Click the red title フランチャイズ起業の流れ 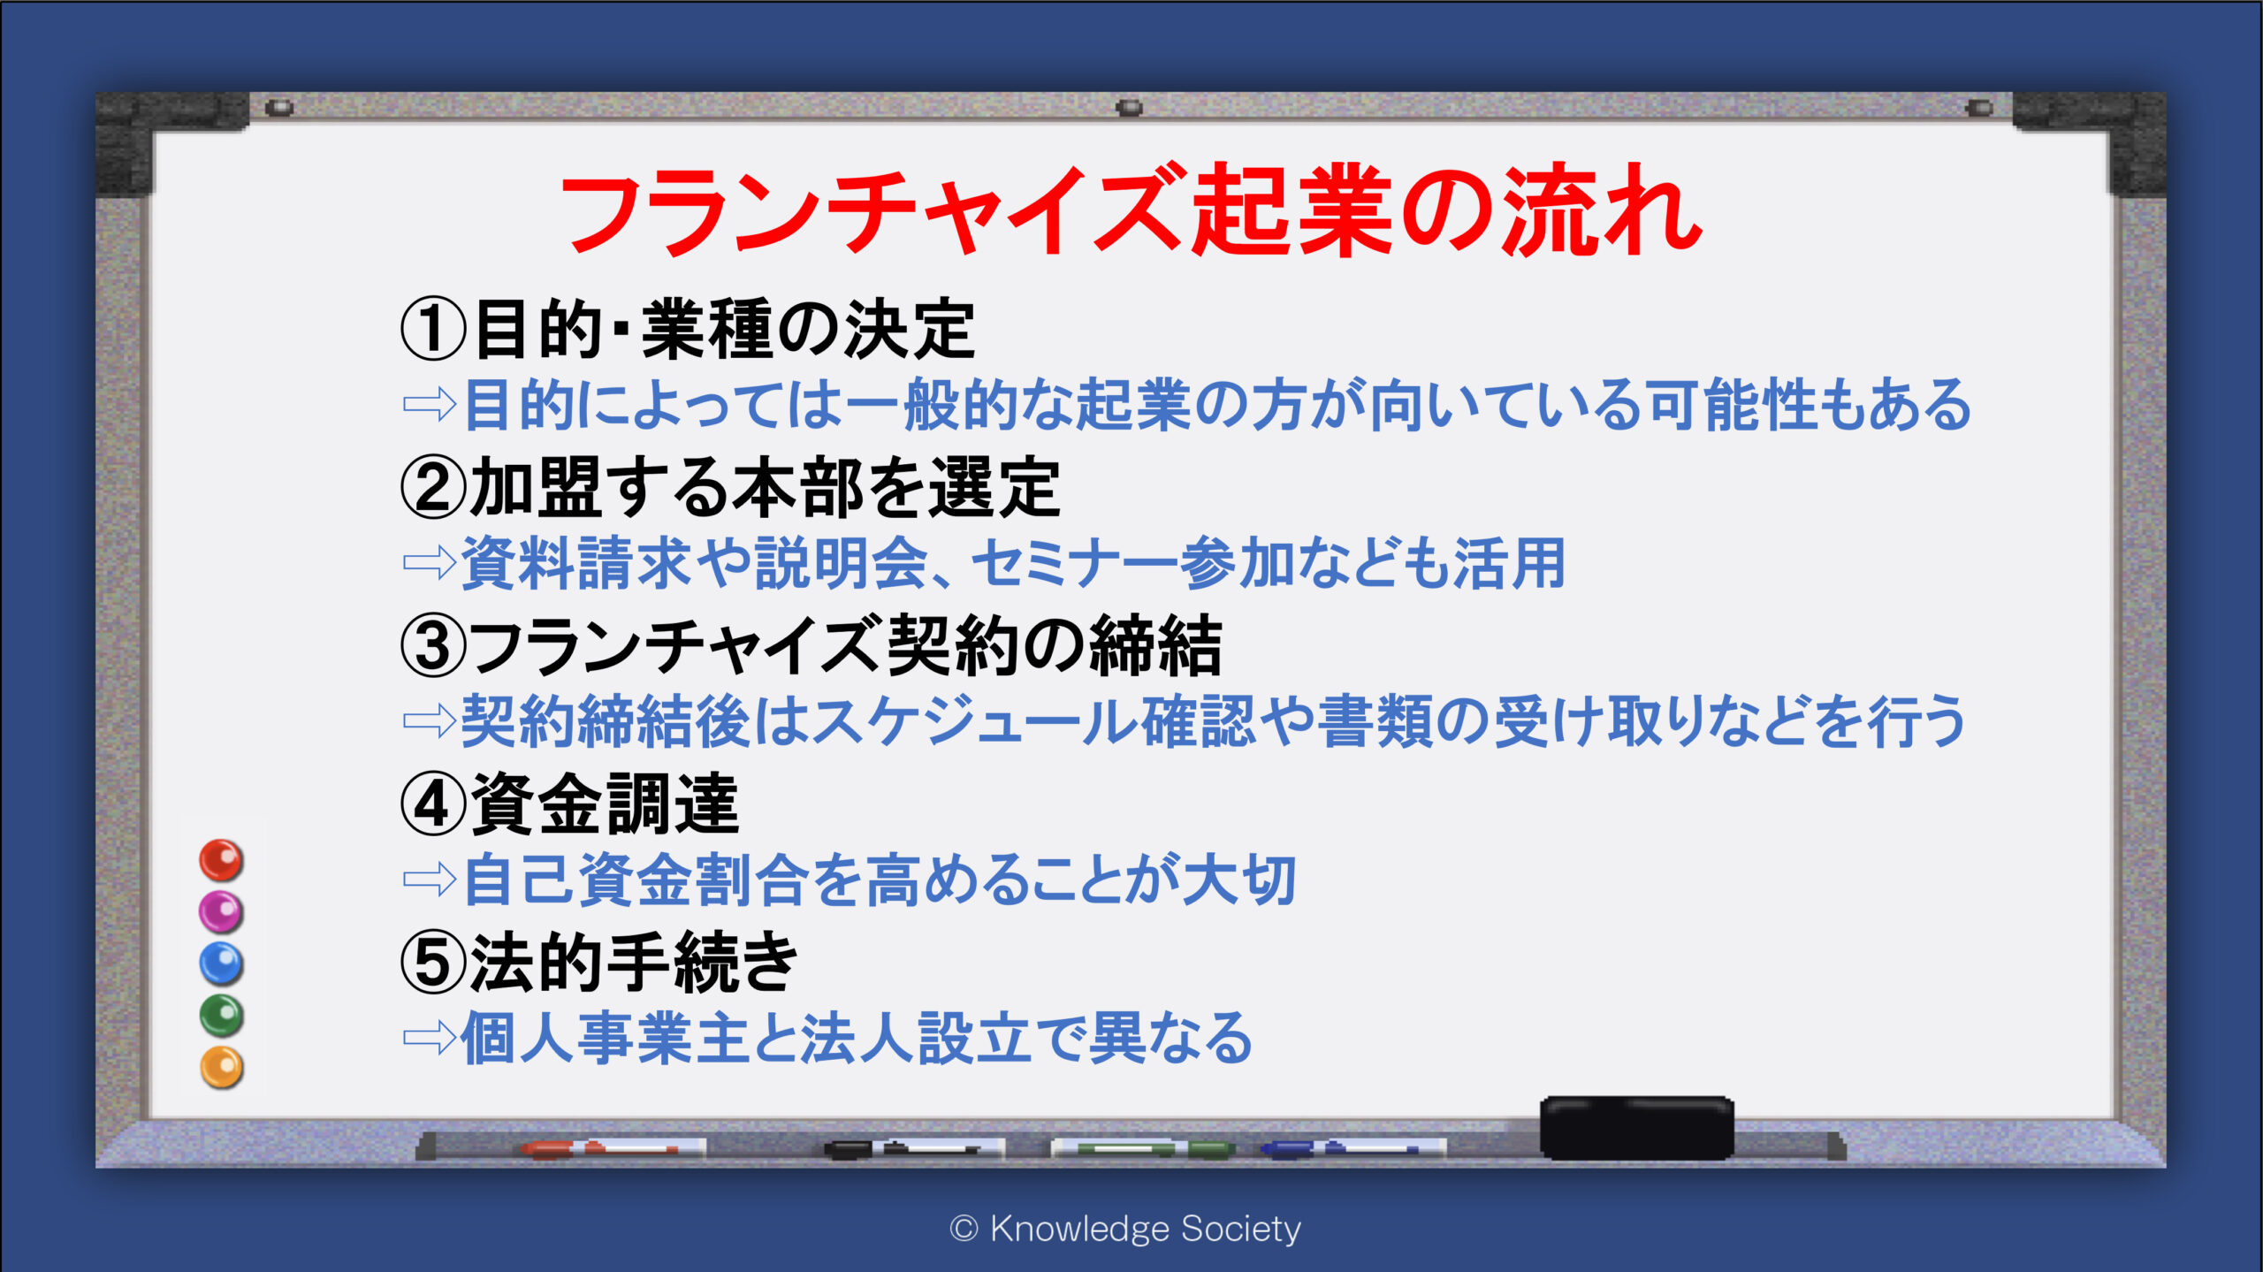(1131, 210)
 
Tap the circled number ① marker (433, 329)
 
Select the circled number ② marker (433, 487)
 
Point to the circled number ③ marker (433, 645)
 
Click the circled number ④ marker (433, 804)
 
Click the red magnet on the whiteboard (221, 860)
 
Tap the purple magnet (221, 912)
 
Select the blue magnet (221, 964)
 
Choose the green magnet (221, 1016)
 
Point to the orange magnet (221, 1068)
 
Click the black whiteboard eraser (1636, 1128)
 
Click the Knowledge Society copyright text (1125, 1229)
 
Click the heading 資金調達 (605, 804)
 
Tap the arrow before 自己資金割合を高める (430, 880)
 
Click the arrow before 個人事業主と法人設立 (430, 1038)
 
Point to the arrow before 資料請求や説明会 (430, 562)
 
